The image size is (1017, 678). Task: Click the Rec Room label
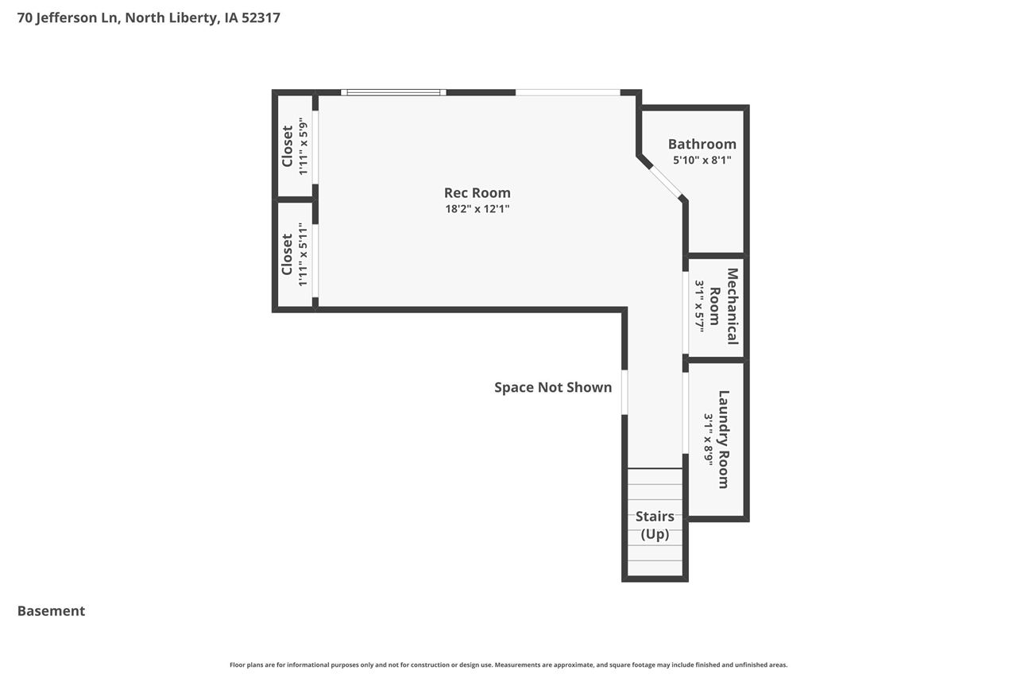(477, 192)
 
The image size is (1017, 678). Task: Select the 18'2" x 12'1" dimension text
(477, 209)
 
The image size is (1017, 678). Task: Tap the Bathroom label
(702, 144)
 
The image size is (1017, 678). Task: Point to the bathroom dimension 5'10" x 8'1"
(702, 160)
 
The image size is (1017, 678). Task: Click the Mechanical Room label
(724, 306)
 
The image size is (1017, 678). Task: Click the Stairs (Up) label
(655, 525)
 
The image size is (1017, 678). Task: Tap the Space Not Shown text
(553, 387)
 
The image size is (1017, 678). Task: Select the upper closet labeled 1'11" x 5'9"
(294, 146)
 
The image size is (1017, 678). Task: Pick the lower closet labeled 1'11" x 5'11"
(294, 254)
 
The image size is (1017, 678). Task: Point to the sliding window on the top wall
(393, 92)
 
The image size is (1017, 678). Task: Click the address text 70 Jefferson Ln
(68, 17)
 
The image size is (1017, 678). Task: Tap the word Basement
(51, 610)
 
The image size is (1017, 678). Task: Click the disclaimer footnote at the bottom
(508, 664)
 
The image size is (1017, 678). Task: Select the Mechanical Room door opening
(685, 312)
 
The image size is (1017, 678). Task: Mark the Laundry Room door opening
(685, 413)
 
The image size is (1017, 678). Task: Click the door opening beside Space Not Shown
(625, 392)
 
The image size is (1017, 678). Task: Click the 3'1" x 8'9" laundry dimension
(707, 439)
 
